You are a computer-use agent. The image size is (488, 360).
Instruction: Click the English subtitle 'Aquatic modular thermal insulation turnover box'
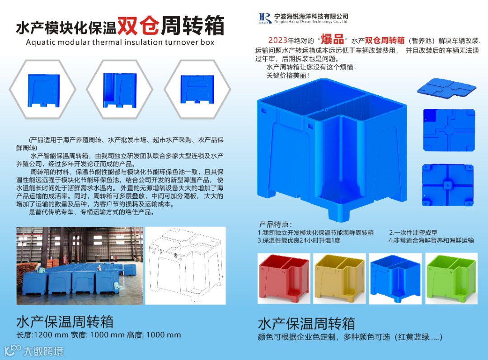click(120, 42)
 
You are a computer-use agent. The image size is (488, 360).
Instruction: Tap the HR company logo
click(265, 18)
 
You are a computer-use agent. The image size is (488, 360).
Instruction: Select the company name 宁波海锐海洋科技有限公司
click(311, 16)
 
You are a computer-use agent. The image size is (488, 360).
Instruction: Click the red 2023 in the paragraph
click(277, 40)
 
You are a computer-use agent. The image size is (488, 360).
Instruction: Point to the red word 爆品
click(332, 39)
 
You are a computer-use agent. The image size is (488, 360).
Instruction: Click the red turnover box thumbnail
click(284, 279)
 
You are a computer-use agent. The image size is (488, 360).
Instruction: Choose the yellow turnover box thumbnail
click(339, 279)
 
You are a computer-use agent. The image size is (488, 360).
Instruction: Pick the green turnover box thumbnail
click(451, 279)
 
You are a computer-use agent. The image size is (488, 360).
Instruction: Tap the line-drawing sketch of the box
click(186, 266)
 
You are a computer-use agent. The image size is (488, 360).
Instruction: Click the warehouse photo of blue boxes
click(80, 266)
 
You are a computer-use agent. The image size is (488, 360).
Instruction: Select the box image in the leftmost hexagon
click(43, 90)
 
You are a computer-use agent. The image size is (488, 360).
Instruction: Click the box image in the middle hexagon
click(120, 90)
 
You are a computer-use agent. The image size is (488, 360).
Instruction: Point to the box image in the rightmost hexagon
click(197, 89)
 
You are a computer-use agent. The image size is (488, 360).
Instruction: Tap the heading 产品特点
click(276, 224)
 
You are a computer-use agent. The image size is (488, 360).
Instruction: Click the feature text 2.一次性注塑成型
click(413, 233)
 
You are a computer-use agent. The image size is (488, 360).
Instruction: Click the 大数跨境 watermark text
click(43, 351)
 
